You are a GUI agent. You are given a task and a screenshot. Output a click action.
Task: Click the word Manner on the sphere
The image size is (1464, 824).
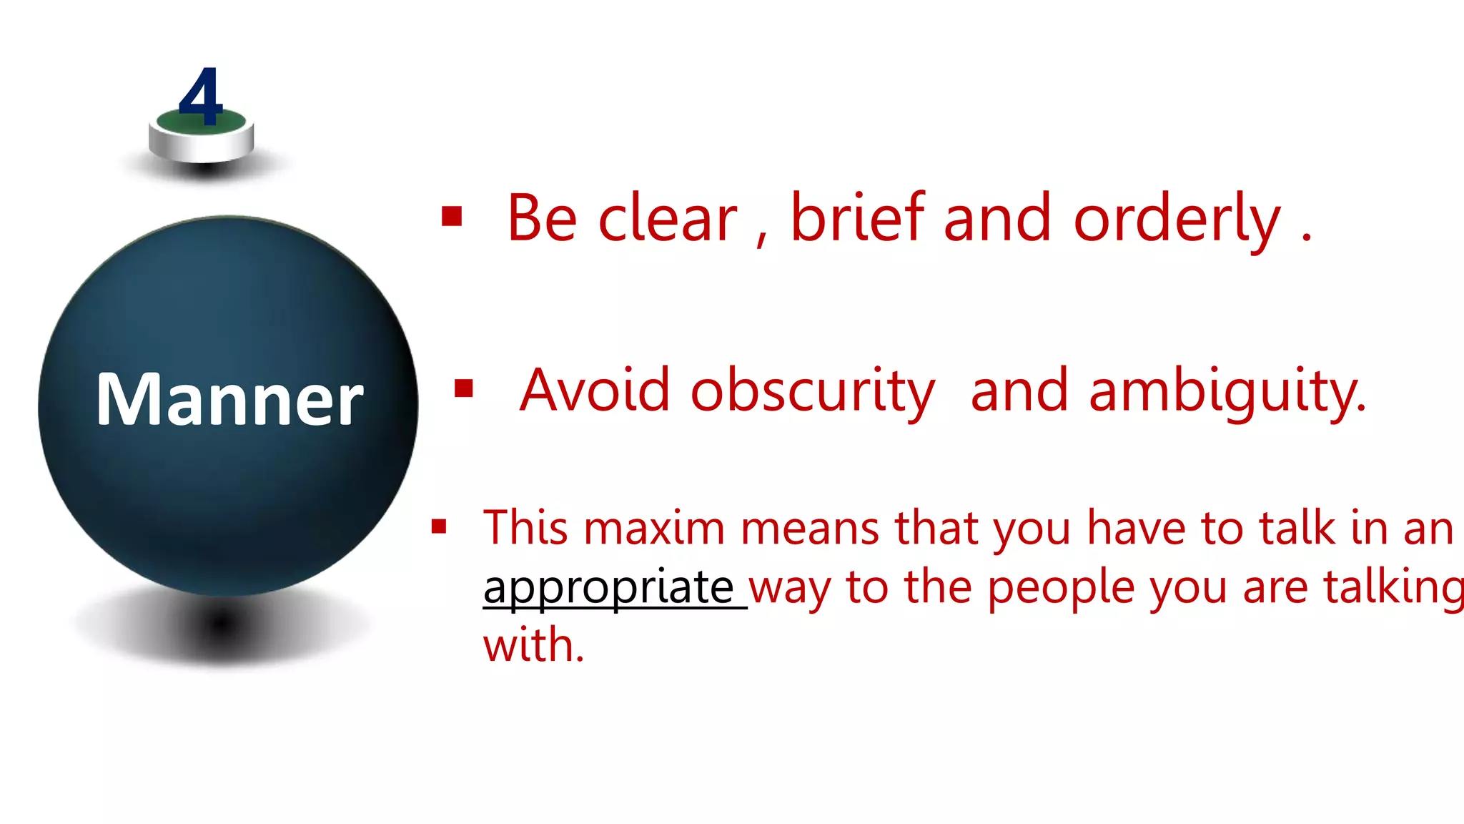tap(229, 400)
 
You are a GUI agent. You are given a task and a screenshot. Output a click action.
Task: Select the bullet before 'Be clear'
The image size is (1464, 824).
tap(452, 216)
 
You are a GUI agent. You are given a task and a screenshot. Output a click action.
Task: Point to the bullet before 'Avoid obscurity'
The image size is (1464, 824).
tap(464, 388)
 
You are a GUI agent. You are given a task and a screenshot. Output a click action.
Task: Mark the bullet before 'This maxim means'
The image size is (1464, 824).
tap(439, 527)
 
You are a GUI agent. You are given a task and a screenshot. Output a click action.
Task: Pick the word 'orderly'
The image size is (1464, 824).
tap(1177, 220)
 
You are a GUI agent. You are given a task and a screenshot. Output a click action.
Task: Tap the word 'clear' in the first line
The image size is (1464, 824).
tap(667, 219)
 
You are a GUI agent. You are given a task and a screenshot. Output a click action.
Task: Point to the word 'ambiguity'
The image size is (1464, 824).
tap(1227, 392)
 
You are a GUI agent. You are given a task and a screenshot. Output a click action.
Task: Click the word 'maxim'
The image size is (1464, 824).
tap(654, 529)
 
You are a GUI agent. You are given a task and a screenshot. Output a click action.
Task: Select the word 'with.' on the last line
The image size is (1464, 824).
tap(533, 645)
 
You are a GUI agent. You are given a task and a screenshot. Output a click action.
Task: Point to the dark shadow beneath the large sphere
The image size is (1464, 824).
tap(222, 624)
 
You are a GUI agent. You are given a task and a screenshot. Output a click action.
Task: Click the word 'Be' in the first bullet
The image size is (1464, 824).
tap(542, 218)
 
